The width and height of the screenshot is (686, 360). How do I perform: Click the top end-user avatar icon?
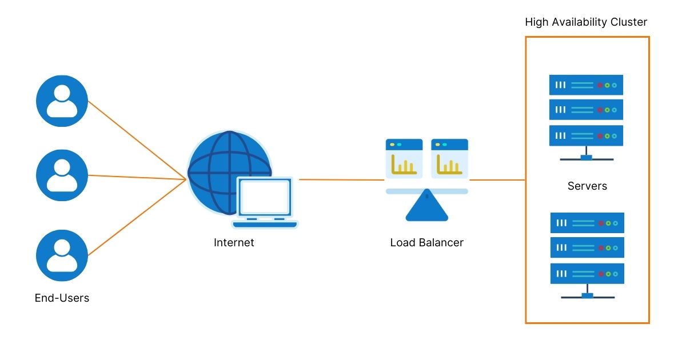[62, 101]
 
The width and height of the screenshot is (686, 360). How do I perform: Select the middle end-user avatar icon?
[62, 175]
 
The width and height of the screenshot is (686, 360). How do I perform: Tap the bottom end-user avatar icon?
[62, 255]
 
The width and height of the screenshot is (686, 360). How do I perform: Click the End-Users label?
[62, 298]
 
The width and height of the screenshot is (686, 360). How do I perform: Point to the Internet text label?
[234, 242]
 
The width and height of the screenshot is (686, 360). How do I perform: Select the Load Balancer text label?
[426, 242]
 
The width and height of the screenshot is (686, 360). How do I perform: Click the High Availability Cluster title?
[586, 22]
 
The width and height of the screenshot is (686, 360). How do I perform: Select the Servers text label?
[587, 186]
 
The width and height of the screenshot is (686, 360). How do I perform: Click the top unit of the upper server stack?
[586, 85]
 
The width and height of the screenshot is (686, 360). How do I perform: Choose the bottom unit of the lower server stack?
[587, 274]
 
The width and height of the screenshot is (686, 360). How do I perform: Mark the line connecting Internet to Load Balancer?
[341, 179]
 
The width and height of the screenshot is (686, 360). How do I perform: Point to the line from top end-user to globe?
[137, 141]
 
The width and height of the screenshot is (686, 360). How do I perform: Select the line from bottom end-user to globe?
[137, 218]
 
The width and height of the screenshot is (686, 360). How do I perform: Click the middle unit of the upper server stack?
[586, 110]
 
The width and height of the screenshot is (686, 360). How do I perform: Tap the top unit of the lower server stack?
[587, 222]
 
